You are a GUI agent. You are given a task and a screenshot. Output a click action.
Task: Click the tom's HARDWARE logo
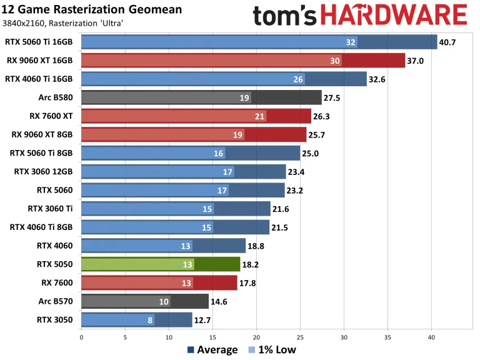[x=360, y=14]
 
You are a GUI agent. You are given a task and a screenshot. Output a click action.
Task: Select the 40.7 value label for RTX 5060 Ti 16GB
[x=449, y=42]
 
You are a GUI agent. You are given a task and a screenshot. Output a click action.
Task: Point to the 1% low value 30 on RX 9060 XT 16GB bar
[x=336, y=61]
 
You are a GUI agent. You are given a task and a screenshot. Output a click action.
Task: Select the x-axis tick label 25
[x=300, y=337]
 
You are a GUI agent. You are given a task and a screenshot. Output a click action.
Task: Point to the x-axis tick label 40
[x=431, y=337]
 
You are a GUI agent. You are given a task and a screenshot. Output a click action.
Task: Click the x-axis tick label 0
[x=81, y=337]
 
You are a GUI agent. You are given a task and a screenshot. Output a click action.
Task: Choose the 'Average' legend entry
[x=212, y=350]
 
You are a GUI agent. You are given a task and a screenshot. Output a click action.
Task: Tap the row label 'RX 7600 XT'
[x=51, y=116]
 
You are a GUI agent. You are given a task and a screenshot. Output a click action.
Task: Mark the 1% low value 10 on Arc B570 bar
[x=164, y=302]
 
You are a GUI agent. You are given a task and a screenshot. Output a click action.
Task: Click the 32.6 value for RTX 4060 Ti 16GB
[x=378, y=79]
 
